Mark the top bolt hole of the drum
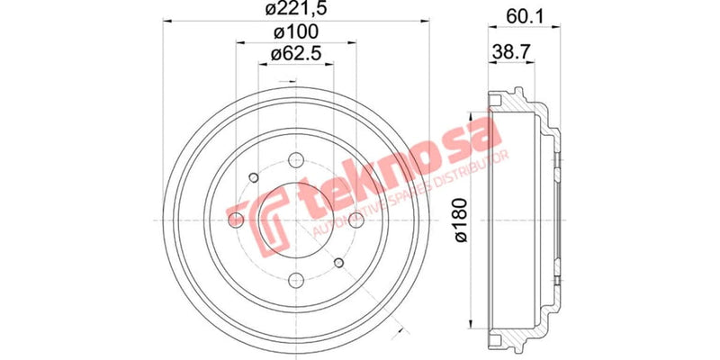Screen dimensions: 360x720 pyautogui.click(x=297, y=159)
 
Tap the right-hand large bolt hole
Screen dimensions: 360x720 pyautogui.click(x=357, y=220)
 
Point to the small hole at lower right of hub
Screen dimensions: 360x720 pyautogui.click(x=339, y=262)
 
